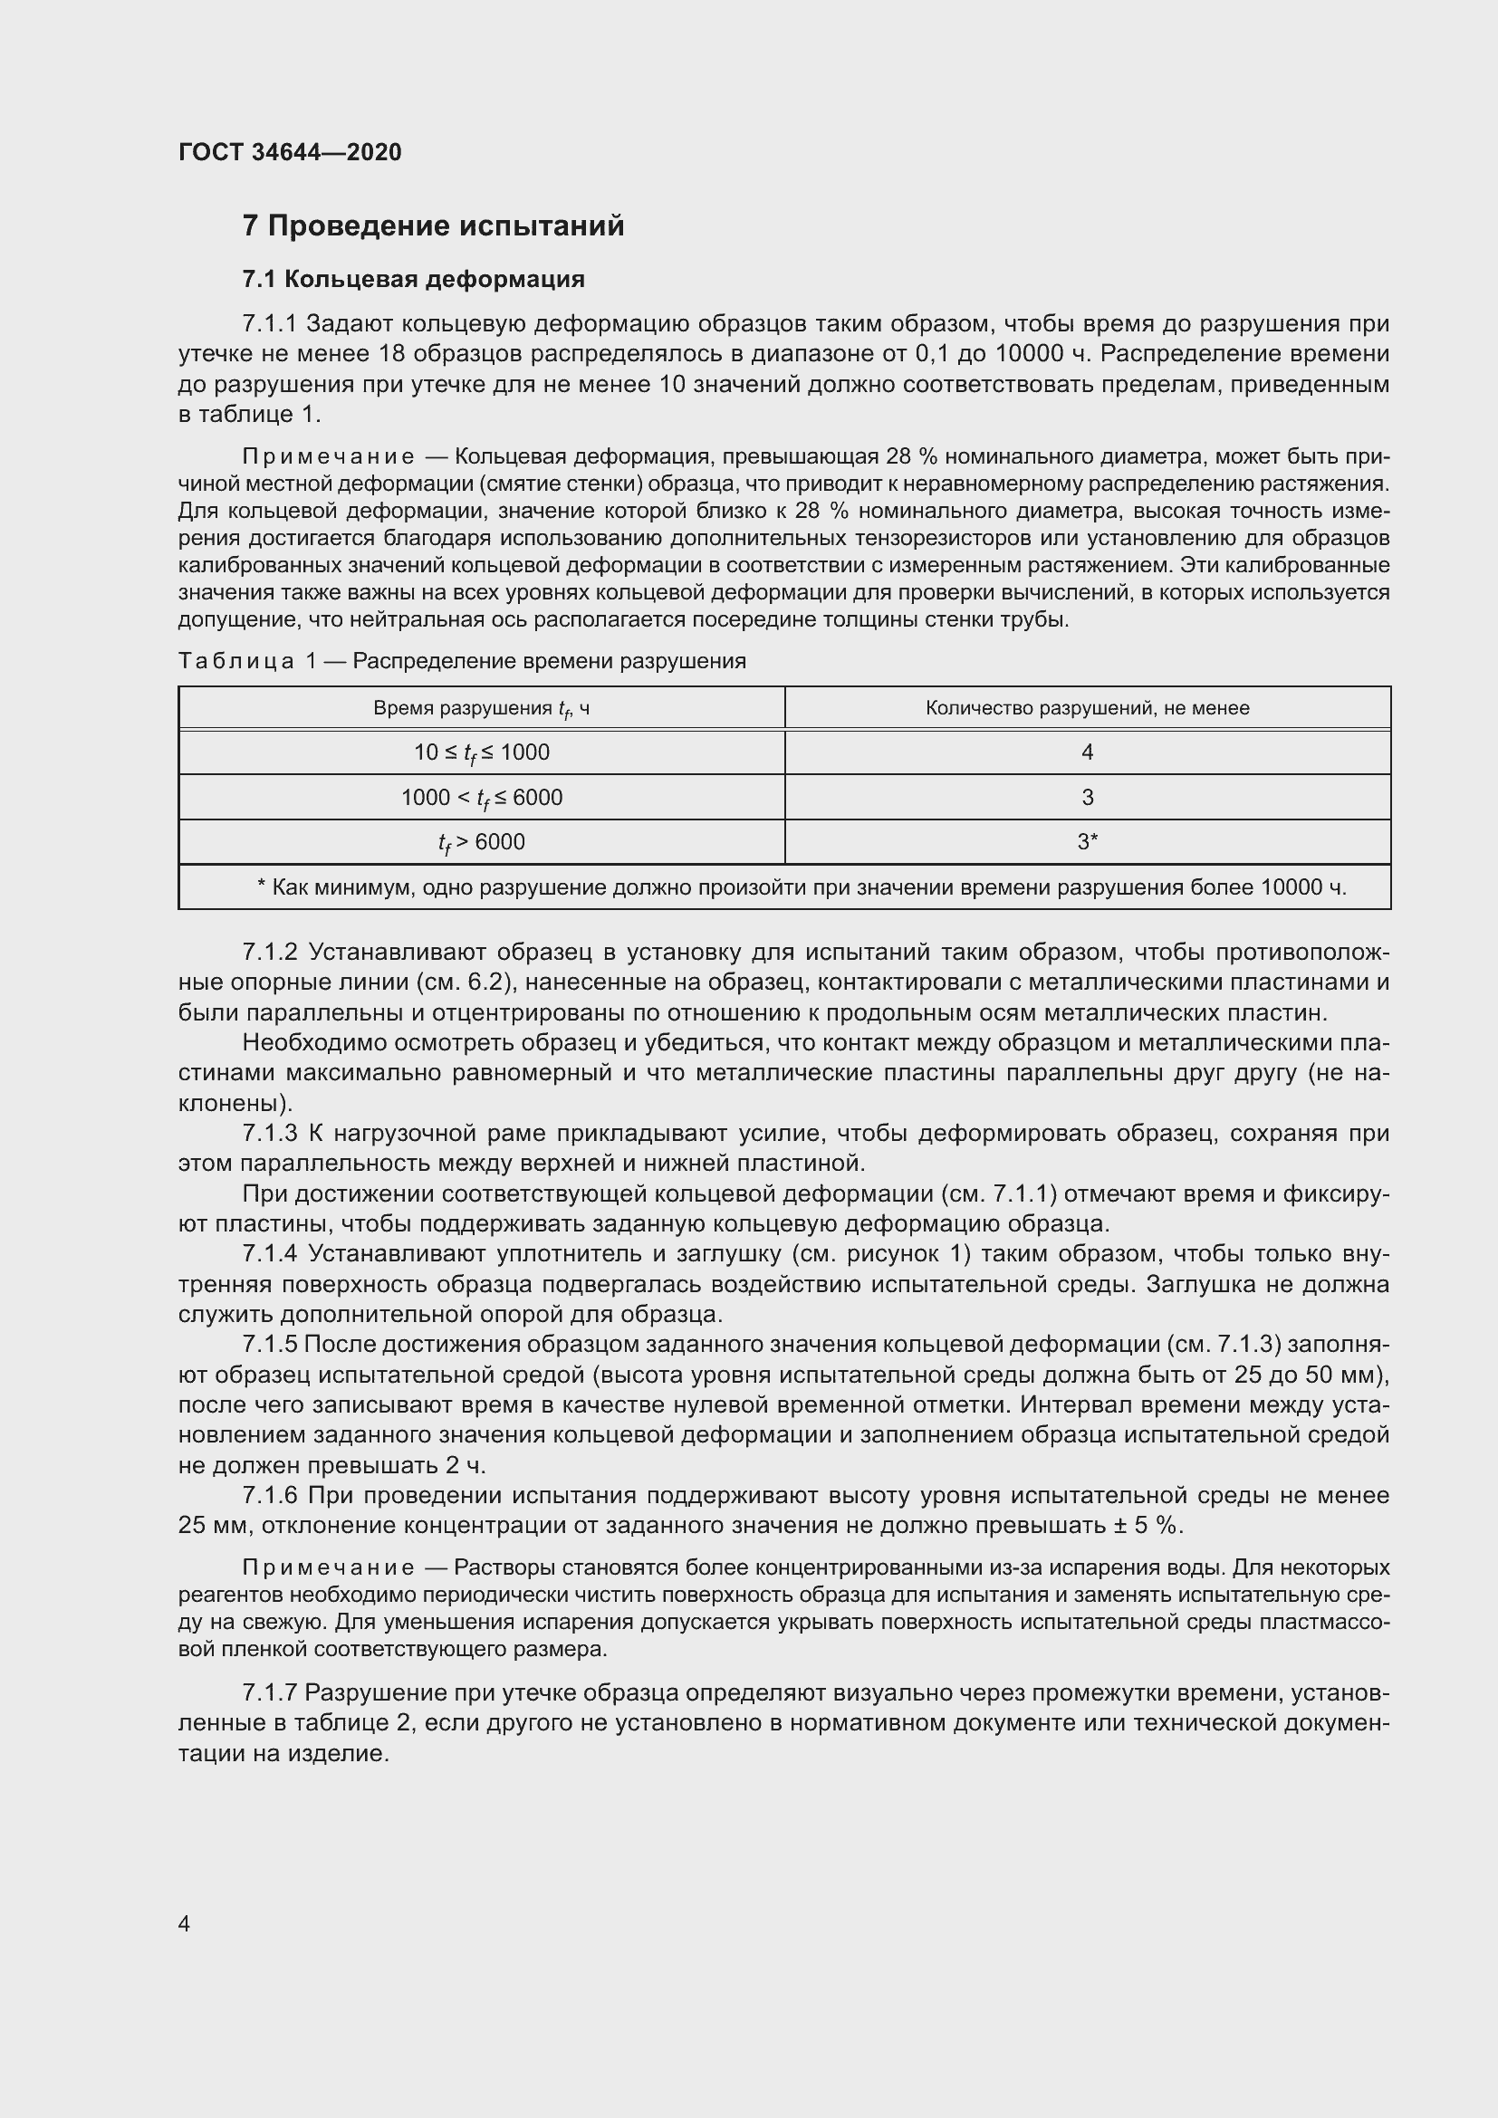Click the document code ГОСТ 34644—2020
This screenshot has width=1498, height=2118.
tap(290, 152)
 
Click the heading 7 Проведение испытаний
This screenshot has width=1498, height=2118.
tap(433, 226)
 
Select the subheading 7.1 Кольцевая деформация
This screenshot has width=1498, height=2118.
tap(413, 279)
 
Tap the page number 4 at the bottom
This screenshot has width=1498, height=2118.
tap(185, 1923)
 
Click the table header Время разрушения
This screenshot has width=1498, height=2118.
tap(481, 708)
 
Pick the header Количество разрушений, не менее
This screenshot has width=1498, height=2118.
tap(1087, 708)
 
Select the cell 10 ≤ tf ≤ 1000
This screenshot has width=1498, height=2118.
tap(481, 752)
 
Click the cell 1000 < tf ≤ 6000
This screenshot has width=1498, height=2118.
tap(481, 798)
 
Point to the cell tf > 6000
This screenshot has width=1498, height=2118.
tap(481, 842)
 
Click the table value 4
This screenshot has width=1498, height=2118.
tap(1087, 752)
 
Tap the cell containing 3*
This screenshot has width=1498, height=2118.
tap(1087, 842)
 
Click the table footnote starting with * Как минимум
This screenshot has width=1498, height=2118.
tap(801, 887)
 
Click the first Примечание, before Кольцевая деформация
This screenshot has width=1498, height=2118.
tap(328, 457)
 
